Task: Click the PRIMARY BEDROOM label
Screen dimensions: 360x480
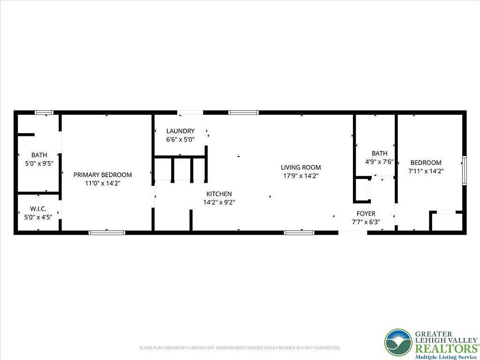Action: pos(103,175)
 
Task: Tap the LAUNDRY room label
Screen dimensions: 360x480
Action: pos(180,131)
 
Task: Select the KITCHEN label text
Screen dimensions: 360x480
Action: pos(219,194)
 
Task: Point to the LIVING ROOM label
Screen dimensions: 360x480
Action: pos(300,167)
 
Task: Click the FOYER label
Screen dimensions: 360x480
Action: pos(366,214)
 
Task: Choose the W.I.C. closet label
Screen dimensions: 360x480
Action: pos(38,209)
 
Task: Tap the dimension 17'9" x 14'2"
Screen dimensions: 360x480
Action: pos(300,176)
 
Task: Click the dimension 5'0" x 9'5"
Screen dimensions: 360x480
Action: pos(39,164)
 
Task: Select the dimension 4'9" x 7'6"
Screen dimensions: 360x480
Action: pos(379,162)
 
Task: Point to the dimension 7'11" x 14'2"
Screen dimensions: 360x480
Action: pos(426,171)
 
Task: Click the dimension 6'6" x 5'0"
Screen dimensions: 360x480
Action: pos(180,140)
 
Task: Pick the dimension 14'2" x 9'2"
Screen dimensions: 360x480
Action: pos(219,202)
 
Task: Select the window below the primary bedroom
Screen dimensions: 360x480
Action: pos(107,232)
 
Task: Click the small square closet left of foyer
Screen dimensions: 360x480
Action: pos(361,189)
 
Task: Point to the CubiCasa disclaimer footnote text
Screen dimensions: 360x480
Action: pos(240,348)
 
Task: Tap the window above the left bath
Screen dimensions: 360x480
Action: pos(45,112)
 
